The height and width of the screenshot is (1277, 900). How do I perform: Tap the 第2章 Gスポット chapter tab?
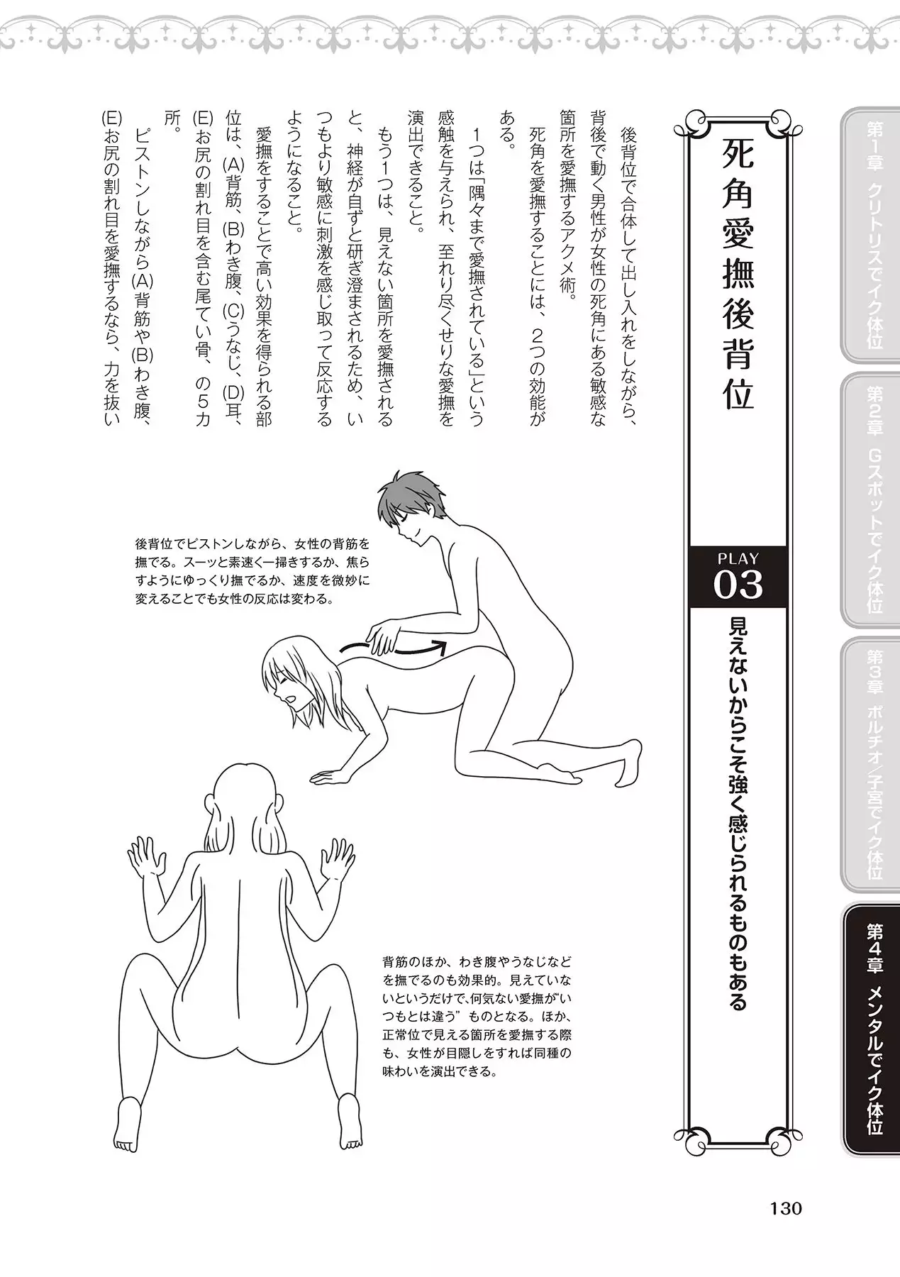tap(870, 501)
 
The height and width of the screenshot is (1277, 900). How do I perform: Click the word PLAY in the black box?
tap(738, 558)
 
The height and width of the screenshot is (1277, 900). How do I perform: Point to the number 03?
tap(738, 586)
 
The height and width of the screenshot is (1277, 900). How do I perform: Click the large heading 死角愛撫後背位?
tap(737, 274)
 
